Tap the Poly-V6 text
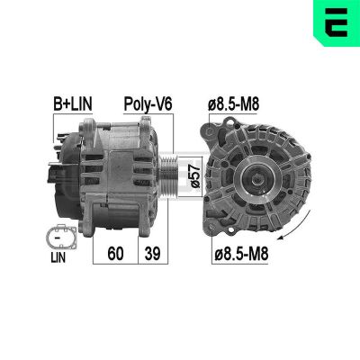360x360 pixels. pos(148,104)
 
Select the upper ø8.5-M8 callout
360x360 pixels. pos(236,104)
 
